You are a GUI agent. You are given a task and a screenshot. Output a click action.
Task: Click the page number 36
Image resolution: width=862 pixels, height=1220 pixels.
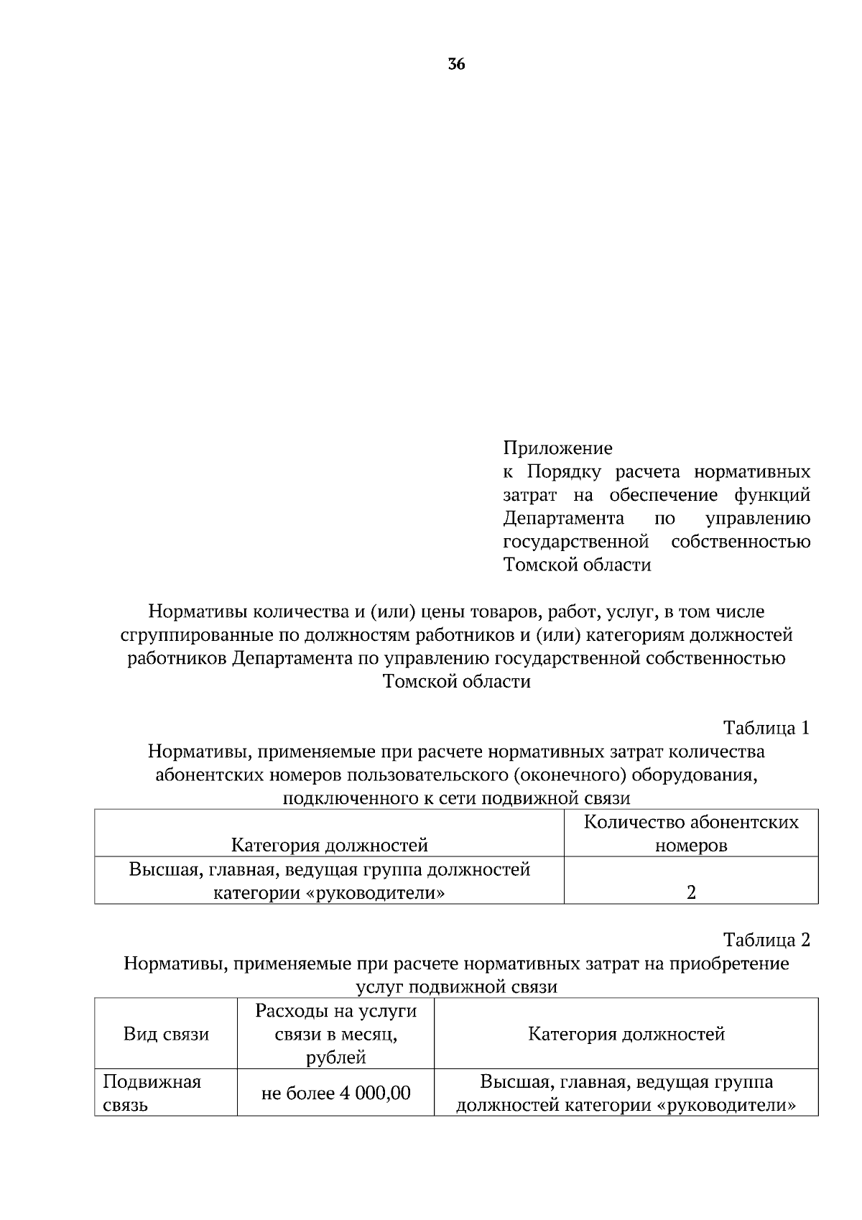[456, 65]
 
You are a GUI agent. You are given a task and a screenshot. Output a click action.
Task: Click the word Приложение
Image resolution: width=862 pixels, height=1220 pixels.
[557, 448]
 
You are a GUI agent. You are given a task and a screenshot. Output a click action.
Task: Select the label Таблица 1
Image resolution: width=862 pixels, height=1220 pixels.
[766, 728]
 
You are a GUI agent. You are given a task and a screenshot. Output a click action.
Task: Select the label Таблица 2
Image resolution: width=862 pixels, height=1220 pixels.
[766, 940]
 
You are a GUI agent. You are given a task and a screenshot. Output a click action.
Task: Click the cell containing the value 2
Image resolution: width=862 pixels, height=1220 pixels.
[691, 892]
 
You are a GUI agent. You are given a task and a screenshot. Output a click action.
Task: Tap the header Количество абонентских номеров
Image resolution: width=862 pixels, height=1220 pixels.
[691, 833]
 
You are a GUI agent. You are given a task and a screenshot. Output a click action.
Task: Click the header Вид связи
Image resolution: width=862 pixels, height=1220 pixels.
[166, 1034]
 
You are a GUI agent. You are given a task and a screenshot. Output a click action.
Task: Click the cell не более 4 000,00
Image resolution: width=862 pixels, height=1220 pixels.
[335, 1093]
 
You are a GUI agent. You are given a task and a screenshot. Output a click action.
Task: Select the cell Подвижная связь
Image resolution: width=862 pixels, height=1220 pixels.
[152, 1093]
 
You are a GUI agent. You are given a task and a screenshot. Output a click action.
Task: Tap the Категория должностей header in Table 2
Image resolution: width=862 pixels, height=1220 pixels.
[626, 1034]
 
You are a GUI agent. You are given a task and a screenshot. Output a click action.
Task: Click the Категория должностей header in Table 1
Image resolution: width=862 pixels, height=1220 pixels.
[329, 845]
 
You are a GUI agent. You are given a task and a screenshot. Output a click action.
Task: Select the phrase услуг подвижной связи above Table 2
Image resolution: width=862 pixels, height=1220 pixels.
[456, 986]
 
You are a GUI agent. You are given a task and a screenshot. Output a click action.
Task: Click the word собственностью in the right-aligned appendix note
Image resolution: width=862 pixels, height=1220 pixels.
[740, 541]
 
